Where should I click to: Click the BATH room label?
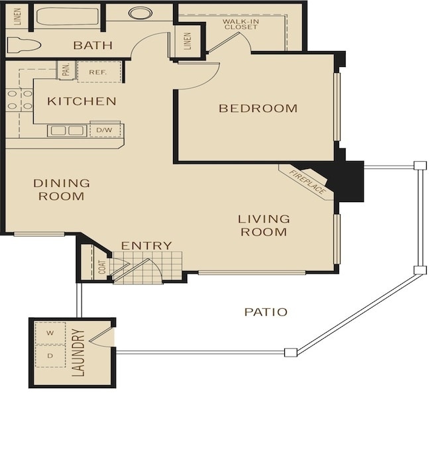(x=93, y=45)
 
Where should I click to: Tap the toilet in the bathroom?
(x=24, y=45)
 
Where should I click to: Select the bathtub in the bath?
(x=67, y=17)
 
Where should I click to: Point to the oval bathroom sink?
(x=140, y=13)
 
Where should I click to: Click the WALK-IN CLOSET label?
(x=241, y=24)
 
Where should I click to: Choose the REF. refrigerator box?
(x=99, y=72)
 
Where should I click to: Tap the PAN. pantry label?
(x=66, y=70)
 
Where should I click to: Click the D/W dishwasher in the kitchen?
(x=105, y=130)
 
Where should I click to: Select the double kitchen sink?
(x=67, y=131)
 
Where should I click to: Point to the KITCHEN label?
(x=81, y=101)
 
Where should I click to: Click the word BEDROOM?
(x=258, y=108)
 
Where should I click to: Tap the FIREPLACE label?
(x=307, y=182)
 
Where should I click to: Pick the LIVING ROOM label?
(x=264, y=225)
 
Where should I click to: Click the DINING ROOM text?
(x=62, y=190)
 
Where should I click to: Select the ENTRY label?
(x=146, y=246)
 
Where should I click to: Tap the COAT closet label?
(x=102, y=267)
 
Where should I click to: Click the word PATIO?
(x=266, y=312)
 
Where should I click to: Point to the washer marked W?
(x=50, y=333)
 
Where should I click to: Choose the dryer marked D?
(x=50, y=356)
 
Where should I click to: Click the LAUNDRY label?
(x=78, y=353)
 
